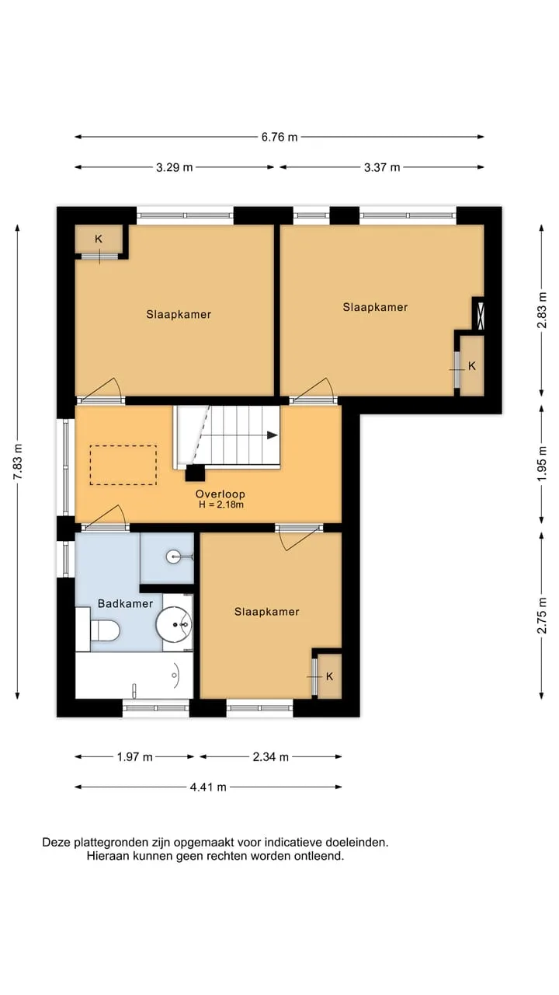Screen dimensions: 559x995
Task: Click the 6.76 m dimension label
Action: click(279, 137)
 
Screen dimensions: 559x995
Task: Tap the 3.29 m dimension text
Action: click(175, 167)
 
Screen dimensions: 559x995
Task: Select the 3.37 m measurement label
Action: click(382, 167)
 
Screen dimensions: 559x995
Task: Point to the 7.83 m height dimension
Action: click(18, 462)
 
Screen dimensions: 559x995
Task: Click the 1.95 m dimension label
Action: click(542, 463)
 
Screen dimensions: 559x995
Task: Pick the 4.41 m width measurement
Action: click(208, 787)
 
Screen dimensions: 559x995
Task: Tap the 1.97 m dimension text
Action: click(134, 756)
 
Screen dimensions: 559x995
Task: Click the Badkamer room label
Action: click(125, 604)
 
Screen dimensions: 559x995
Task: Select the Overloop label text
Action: click(220, 494)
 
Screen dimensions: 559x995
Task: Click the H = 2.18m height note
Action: click(221, 504)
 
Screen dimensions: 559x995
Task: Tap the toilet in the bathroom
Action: click(105, 630)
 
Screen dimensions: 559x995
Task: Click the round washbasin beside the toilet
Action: click(173, 624)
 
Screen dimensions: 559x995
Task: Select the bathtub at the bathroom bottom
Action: click(134, 675)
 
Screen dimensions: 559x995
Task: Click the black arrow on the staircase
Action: click(272, 435)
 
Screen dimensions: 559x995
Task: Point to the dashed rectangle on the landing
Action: click(123, 465)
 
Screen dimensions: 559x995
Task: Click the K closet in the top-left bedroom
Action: click(99, 239)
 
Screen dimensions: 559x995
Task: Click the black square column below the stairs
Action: click(195, 473)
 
